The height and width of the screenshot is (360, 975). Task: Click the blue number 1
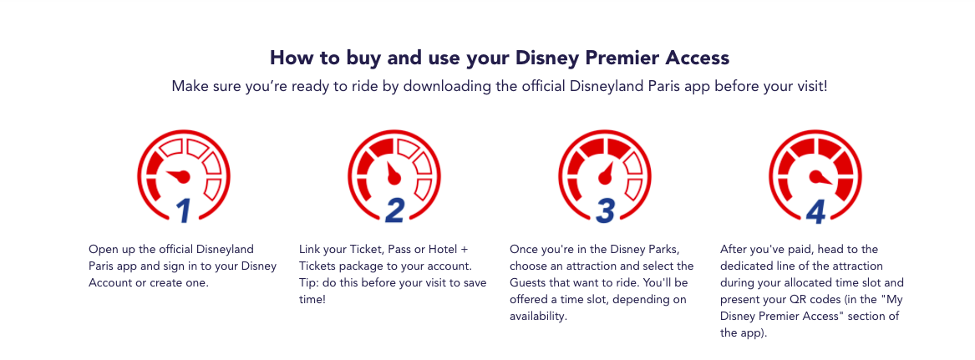183,211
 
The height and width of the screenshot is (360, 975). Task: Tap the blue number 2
394,211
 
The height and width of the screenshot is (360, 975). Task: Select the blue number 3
605,211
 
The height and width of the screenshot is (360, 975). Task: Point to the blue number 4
815,211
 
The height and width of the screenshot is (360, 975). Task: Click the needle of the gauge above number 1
178,175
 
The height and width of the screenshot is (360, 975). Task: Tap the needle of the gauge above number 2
392,174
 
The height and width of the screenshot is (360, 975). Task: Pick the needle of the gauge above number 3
606,173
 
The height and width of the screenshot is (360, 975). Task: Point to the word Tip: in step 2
309,283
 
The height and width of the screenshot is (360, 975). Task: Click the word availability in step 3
538,317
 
